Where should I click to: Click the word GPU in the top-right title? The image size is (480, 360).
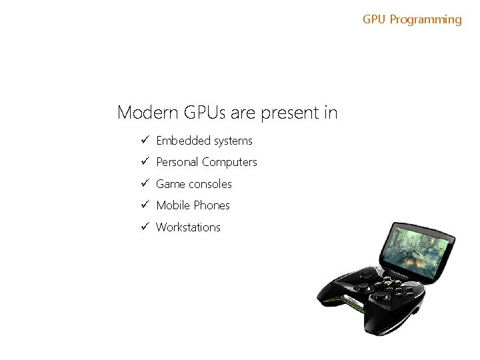point(375,19)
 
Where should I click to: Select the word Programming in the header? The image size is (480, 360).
point(425,20)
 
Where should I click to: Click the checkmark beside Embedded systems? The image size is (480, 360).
point(143,141)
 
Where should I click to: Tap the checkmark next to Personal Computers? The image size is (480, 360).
point(143,162)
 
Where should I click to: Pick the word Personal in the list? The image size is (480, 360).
point(177,162)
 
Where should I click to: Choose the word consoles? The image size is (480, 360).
point(210,184)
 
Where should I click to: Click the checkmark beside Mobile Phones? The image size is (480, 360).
point(143,205)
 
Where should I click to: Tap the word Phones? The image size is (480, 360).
point(211,205)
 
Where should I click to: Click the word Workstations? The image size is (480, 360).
point(188,227)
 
